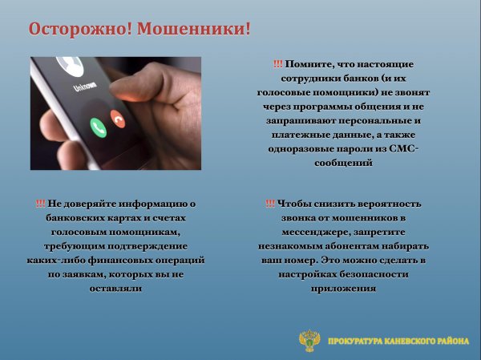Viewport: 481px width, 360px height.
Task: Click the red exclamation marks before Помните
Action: point(277,63)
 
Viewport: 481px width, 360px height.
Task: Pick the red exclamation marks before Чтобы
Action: point(270,204)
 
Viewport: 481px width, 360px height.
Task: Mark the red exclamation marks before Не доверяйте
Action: point(41,204)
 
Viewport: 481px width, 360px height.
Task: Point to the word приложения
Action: point(343,289)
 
